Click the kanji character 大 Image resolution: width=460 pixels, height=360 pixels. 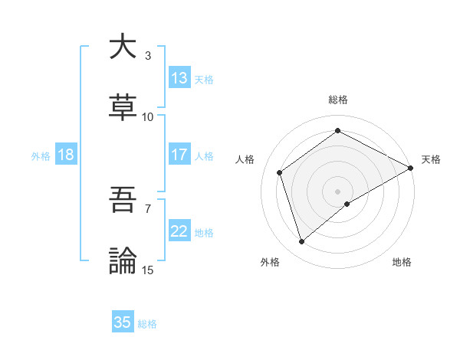point(123,47)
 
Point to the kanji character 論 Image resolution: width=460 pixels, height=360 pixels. point(123,261)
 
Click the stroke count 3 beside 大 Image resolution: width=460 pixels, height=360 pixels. point(148,56)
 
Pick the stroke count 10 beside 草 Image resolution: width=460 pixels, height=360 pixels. point(148,117)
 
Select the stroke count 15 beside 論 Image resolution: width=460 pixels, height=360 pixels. point(148,270)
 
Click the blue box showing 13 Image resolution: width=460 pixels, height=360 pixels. point(179,78)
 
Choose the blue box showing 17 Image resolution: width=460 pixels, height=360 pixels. point(179,155)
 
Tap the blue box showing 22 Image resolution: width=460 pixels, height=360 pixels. point(179,231)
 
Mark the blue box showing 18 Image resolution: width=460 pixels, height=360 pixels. point(66,155)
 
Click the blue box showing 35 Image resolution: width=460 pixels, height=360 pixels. point(123,322)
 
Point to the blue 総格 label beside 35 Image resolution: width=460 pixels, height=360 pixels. point(147,324)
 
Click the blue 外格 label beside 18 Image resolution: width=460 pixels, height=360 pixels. point(41,156)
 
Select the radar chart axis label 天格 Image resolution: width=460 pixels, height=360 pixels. point(431,159)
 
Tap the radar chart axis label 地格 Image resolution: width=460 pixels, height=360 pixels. point(402,262)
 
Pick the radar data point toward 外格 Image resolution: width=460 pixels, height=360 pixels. point(301,242)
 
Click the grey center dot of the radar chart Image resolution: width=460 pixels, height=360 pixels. point(337,191)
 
